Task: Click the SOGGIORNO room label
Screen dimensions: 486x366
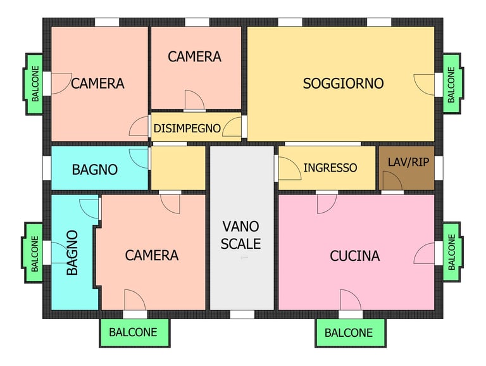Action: pos(343,84)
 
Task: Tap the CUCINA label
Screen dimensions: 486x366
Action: pos(354,256)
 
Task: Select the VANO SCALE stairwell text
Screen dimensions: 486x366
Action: pos(240,235)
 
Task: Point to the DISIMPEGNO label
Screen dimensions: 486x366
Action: pos(187,128)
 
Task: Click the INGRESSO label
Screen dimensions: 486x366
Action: pos(330,168)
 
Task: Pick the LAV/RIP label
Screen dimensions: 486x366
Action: pos(409,162)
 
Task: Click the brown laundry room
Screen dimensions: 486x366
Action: pos(406,168)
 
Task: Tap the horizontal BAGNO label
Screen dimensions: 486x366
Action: pos(95,170)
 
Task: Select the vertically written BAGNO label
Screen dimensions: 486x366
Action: pos(72,253)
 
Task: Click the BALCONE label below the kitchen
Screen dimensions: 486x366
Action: pos(349,333)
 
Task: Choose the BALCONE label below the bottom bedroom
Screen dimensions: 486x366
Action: pos(133,332)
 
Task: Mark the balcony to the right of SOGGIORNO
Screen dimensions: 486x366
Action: pos(452,84)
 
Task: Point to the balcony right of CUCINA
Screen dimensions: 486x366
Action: pos(452,252)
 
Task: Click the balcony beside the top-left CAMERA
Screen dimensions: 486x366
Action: pos(33,84)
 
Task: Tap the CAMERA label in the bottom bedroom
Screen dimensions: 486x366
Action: pos(152,255)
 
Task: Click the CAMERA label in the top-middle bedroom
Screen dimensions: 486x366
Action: pos(195,56)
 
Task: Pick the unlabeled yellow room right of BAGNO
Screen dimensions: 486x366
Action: pos(178,168)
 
